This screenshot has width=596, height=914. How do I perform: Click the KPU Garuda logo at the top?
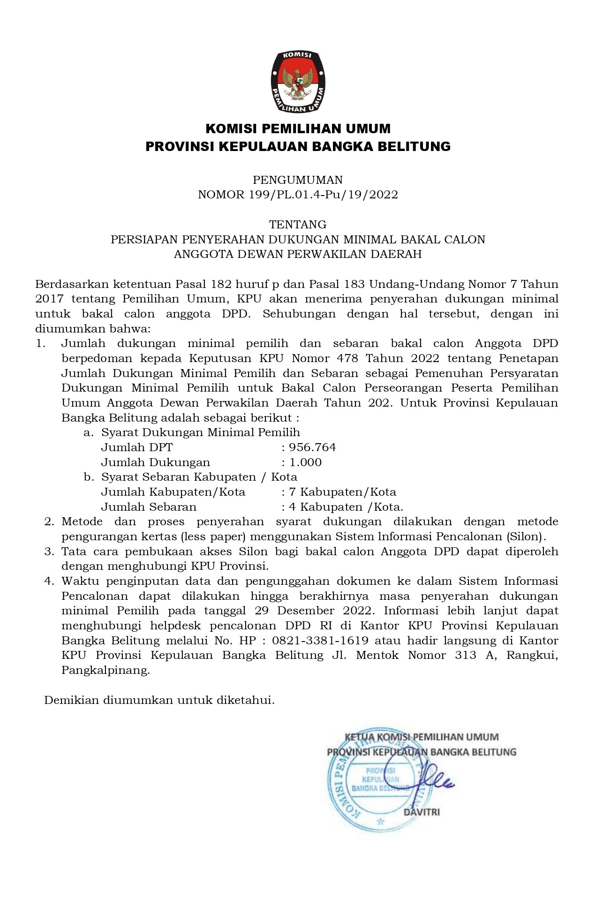[x=298, y=81]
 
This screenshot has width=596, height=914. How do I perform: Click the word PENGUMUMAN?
[x=298, y=180]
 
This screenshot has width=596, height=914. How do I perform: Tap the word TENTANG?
[x=298, y=225]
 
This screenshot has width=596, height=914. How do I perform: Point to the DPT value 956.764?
[x=313, y=447]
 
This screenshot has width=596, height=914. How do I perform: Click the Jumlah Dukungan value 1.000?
[x=305, y=462]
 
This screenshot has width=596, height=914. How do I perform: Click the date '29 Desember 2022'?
[x=315, y=611]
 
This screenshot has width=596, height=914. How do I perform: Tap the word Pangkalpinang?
[x=106, y=671]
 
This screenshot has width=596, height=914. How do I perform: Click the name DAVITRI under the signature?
[x=422, y=812]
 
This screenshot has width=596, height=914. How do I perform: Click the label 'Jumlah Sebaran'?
[x=149, y=507]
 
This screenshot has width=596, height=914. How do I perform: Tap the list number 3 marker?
[x=49, y=551]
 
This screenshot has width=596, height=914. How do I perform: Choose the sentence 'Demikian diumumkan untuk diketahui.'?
[x=159, y=701]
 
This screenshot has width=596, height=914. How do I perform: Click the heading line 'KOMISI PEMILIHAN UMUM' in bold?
[x=298, y=128]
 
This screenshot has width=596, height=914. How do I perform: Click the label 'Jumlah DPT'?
[x=137, y=447]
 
